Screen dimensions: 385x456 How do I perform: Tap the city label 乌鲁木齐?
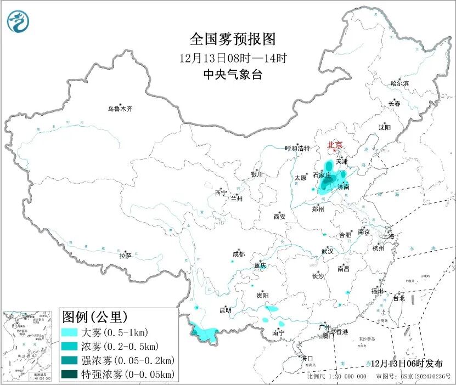120,109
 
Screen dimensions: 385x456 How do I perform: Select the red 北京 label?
335,145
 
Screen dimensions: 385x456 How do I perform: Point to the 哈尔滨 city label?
399,83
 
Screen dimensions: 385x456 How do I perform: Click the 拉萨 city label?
125,256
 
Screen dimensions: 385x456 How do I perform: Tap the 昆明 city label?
226,310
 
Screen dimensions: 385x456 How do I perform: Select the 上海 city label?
389,236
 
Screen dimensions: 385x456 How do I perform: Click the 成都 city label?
239,254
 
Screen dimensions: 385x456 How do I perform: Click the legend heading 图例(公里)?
94,317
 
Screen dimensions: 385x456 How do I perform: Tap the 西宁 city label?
221,193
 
